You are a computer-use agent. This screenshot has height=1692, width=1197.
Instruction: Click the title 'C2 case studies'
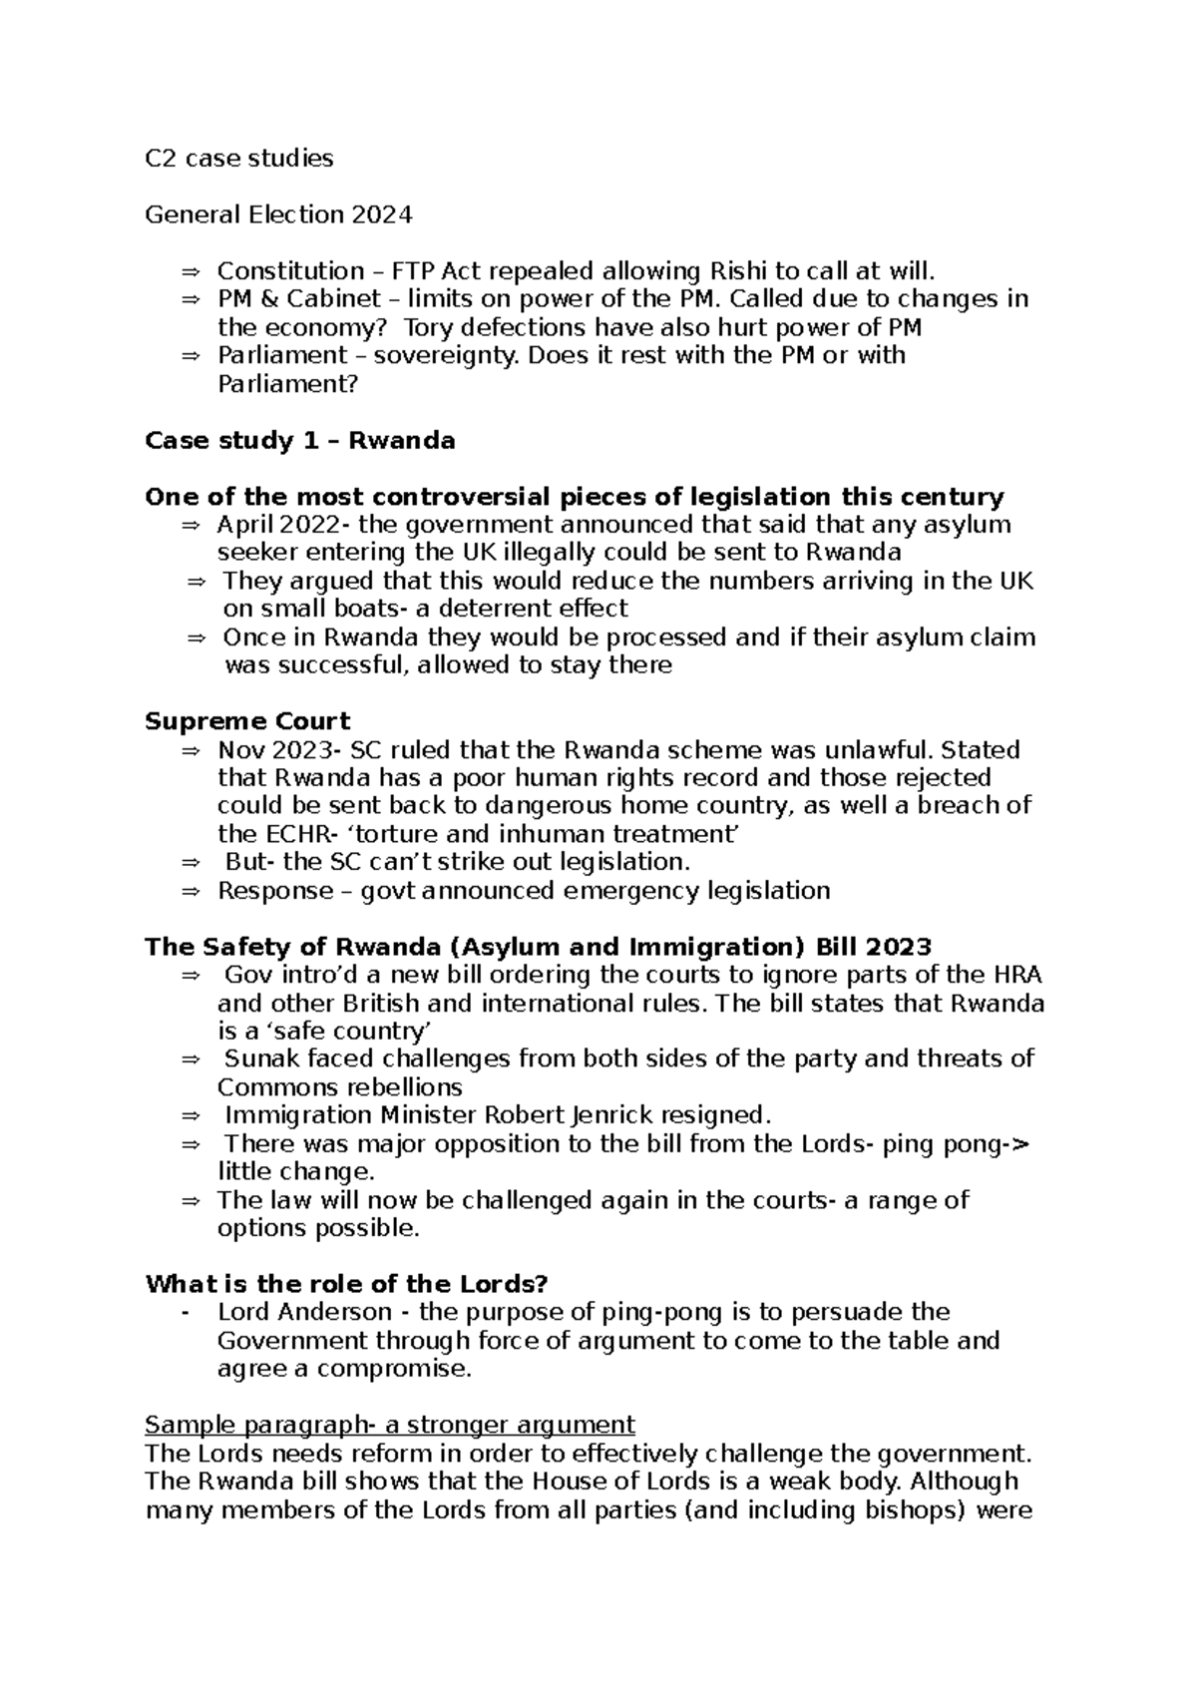click(x=239, y=159)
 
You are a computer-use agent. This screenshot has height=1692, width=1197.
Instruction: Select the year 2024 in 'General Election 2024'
click(x=381, y=214)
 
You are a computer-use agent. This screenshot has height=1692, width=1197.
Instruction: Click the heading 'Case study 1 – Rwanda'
click(x=300, y=441)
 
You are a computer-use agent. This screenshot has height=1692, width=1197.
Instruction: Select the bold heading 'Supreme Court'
click(x=247, y=721)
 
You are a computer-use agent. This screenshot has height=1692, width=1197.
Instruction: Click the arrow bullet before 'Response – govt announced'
click(x=192, y=891)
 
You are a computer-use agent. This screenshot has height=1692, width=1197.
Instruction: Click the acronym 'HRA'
click(x=1017, y=975)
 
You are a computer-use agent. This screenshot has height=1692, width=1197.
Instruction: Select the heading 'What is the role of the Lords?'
click(x=347, y=1284)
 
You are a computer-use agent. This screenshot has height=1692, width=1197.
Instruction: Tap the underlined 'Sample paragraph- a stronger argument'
click(x=390, y=1424)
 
